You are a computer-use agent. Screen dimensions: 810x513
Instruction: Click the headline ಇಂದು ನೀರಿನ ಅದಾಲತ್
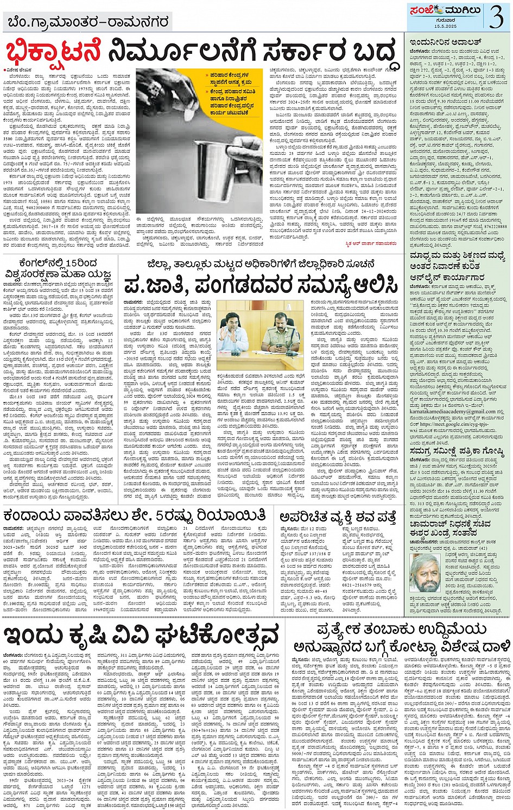point(438,42)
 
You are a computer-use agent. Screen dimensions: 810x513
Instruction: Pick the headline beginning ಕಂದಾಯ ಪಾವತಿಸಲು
point(134,515)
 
